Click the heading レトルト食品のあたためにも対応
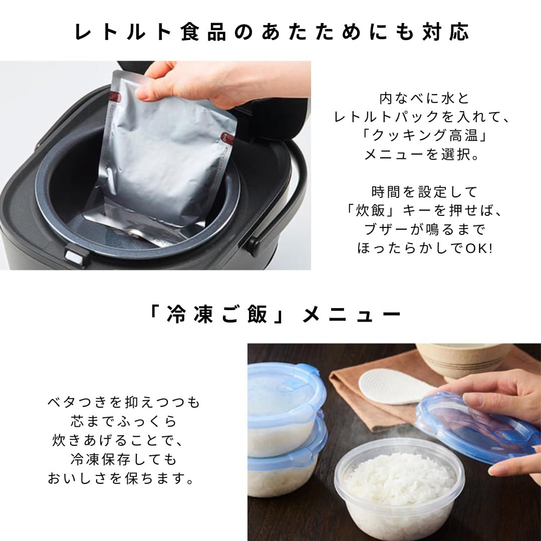point(271,32)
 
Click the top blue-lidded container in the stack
point(283,401)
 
